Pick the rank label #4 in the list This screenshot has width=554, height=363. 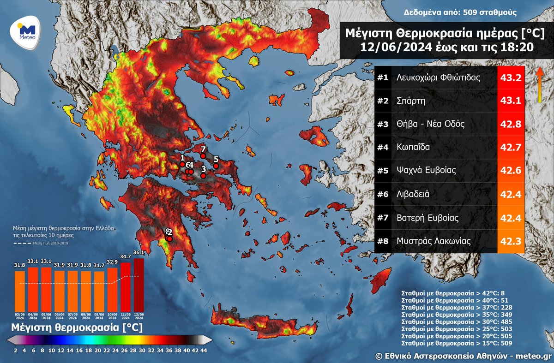(x=383, y=148)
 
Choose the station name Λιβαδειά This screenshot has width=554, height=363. (x=413, y=194)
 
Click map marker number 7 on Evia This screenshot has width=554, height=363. (x=203, y=156)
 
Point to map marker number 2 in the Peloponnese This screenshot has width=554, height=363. (x=169, y=238)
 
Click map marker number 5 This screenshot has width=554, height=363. (x=216, y=166)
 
